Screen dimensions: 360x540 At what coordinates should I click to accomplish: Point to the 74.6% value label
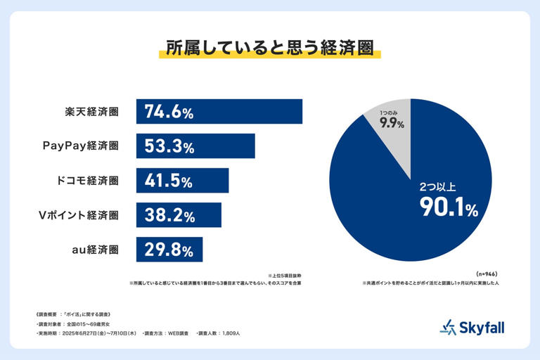(x=169, y=112)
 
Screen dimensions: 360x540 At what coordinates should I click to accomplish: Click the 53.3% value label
(x=169, y=146)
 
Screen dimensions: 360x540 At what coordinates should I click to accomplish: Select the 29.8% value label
(x=169, y=249)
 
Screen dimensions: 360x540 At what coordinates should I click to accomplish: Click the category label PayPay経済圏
(x=80, y=146)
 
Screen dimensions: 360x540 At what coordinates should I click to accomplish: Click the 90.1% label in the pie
(x=449, y=207)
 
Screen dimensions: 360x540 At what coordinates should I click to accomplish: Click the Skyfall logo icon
(x=448, y=327)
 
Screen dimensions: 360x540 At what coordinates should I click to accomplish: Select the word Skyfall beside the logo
(x=483, y=327)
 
